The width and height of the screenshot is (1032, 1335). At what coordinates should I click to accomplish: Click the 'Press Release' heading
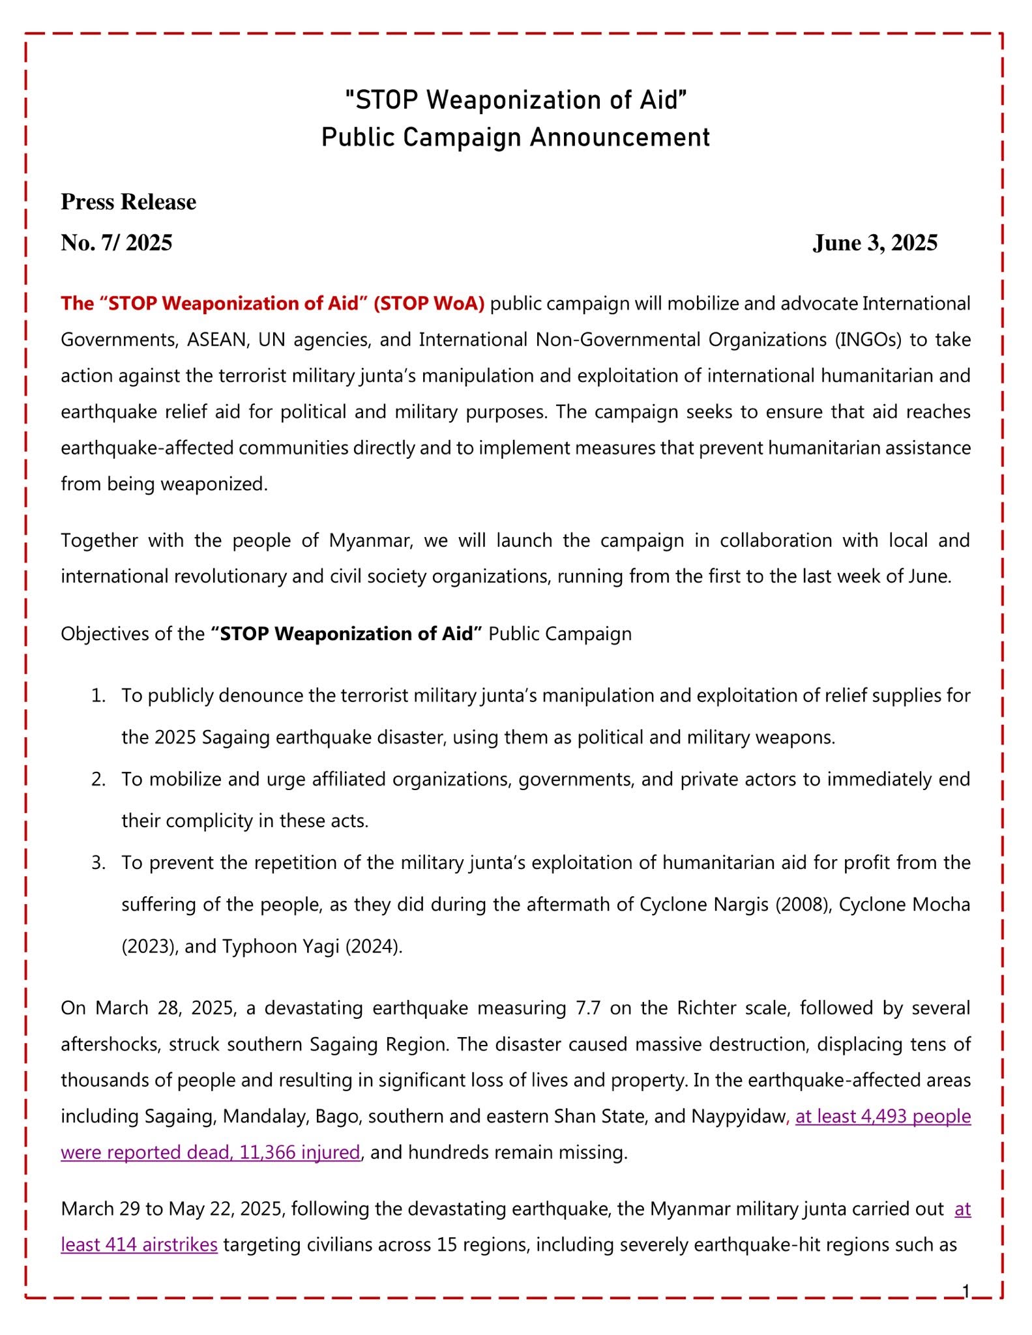pos(128,202)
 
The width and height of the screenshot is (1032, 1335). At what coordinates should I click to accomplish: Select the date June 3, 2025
pos(874,243)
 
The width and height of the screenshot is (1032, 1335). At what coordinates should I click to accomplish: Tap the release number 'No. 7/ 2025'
pos(117,243)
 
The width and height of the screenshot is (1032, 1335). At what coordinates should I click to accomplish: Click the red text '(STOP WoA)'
pos(429,304)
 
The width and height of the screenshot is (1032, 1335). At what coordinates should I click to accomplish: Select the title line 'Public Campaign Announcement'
pos(516,138)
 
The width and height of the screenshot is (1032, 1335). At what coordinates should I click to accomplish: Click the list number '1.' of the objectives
pos(98,696)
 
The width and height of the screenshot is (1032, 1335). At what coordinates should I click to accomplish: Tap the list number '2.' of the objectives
pos(98,780)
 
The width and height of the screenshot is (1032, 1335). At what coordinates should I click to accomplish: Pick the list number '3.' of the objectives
pos(98,863)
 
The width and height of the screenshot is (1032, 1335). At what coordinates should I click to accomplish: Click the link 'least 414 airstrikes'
pos(139,1244)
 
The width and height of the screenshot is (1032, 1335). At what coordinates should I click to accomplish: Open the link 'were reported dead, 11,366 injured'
pos(211,1152)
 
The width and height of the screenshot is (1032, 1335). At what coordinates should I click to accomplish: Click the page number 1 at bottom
pos(966,1291)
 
